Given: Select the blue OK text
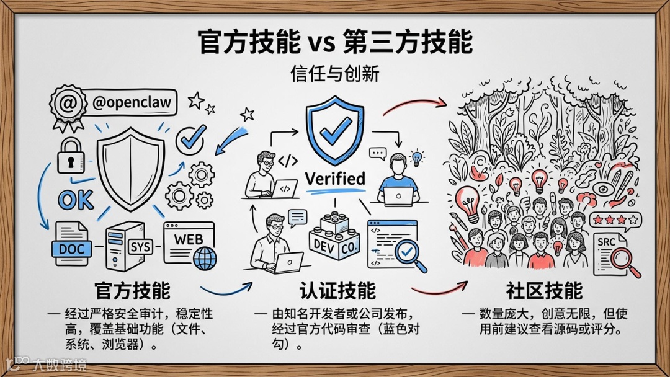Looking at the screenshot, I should click(x=76, y=200).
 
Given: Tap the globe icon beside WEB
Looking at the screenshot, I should click(x=205, y=257).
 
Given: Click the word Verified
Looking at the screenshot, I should click(x=335, y=179).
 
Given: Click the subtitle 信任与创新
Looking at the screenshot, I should click(x=334, y=74).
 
